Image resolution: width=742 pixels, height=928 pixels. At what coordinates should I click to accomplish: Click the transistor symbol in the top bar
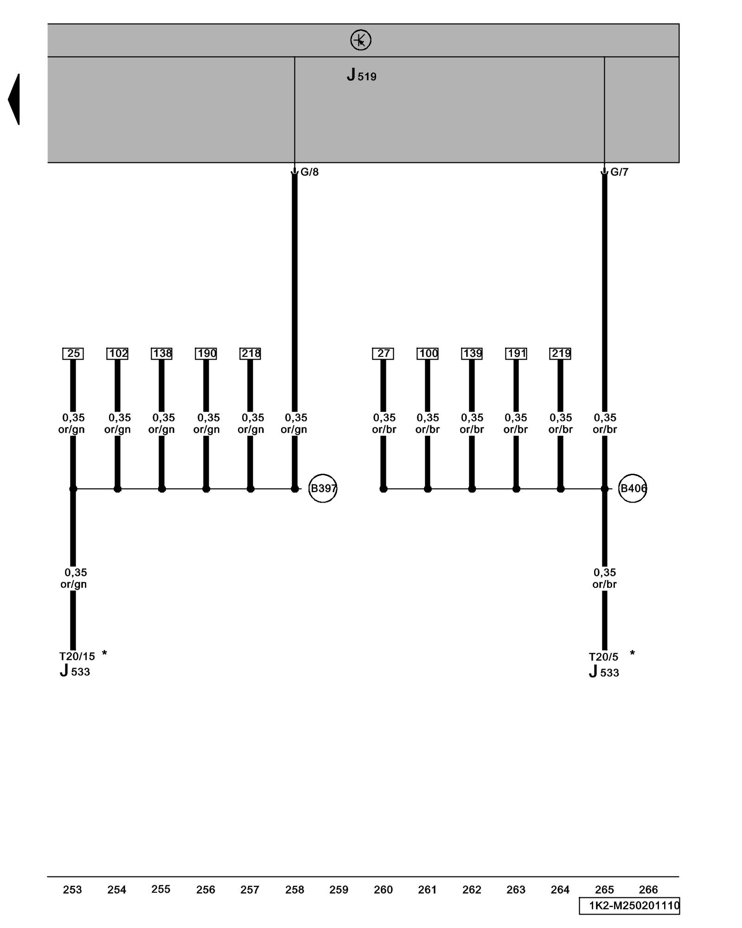[x=360, y=40]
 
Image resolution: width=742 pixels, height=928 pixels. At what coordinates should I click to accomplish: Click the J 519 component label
[x=361, y=75]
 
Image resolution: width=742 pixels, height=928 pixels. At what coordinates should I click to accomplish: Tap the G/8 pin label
[x=309, y=172]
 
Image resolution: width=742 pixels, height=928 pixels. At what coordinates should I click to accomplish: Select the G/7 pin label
[x=619, y=172]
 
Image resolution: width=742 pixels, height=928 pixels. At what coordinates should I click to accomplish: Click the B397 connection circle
[x=323, y=488]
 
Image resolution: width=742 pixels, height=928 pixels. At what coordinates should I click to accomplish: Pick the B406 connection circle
[x=633, y=488]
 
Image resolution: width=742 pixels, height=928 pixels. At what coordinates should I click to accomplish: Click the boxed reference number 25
[x=73, y=354]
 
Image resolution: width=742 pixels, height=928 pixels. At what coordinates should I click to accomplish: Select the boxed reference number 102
[x=117, y=354]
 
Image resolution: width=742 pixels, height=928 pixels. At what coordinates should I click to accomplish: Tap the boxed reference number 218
[x=250, y=354]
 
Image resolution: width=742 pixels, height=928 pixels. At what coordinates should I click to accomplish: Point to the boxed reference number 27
[x=383, y=354]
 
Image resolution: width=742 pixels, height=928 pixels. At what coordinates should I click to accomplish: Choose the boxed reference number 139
[x=472, y=354]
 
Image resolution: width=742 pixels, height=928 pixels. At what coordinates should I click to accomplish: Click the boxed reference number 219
[x=560, y=354]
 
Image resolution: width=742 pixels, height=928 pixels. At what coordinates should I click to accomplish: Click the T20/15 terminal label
[x=77, y=657]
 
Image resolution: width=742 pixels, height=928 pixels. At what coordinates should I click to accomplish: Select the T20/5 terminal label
[x=603, y=657]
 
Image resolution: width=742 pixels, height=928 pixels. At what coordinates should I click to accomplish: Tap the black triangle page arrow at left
[x=14, y=99]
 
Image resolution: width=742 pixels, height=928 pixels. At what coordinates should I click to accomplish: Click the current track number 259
[x=339, y=889]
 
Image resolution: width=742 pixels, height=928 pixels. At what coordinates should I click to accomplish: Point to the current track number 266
[x=648, y=889]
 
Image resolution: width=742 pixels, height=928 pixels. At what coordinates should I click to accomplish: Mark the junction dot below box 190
[x=206, y=489]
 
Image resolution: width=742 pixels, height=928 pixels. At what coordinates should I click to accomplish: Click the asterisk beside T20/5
[x=632, y=653]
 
